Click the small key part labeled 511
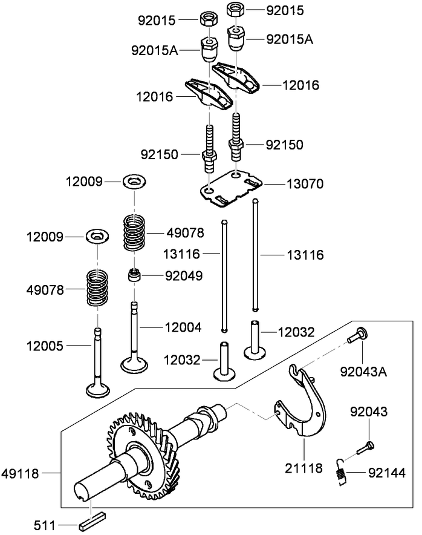(92, 519)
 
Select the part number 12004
(183, 327)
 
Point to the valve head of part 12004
(134, 365)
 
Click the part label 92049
(184, 276)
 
